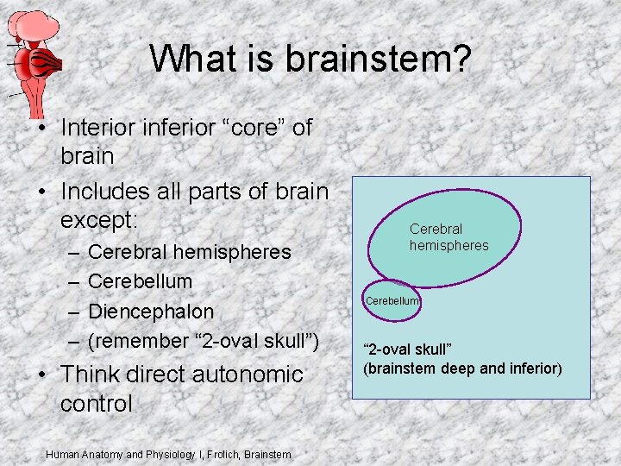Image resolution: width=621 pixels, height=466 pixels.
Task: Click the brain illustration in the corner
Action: coord(34,56)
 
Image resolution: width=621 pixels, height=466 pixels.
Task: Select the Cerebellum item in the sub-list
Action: coord(141,281)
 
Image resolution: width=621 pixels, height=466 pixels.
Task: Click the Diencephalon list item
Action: coord(151,311)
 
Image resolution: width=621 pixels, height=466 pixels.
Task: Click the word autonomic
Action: coord(244,375)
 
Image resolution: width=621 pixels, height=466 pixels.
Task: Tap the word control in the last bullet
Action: coord(97,403)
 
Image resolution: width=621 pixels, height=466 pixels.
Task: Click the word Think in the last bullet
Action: coord(91,375)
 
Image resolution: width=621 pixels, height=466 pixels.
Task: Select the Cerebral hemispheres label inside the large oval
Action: coord(448,237)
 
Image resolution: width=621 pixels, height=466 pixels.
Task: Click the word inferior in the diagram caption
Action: coord(534,368)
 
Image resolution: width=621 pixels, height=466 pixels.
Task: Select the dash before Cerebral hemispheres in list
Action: coord(72,253)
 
